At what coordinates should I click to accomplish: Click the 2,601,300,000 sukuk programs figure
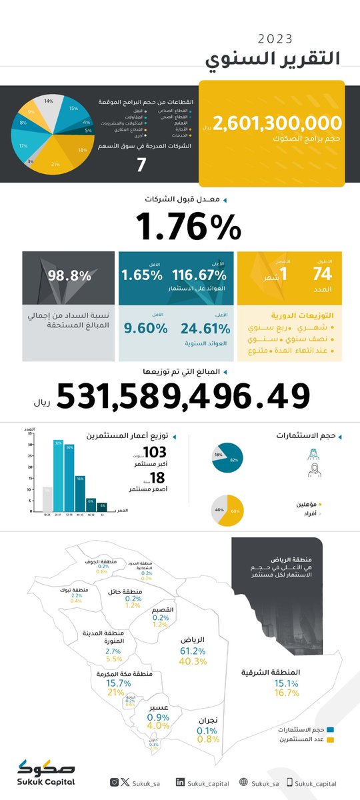tap(278, 123)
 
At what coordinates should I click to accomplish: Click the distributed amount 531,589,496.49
tap(183, 397)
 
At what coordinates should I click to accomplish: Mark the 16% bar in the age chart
tap(80, 493)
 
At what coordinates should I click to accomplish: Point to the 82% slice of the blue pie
tap(232, 461)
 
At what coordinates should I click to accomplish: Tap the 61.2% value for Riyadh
tap(193, 650)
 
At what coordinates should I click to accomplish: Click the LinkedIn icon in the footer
tap(181, 783)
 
